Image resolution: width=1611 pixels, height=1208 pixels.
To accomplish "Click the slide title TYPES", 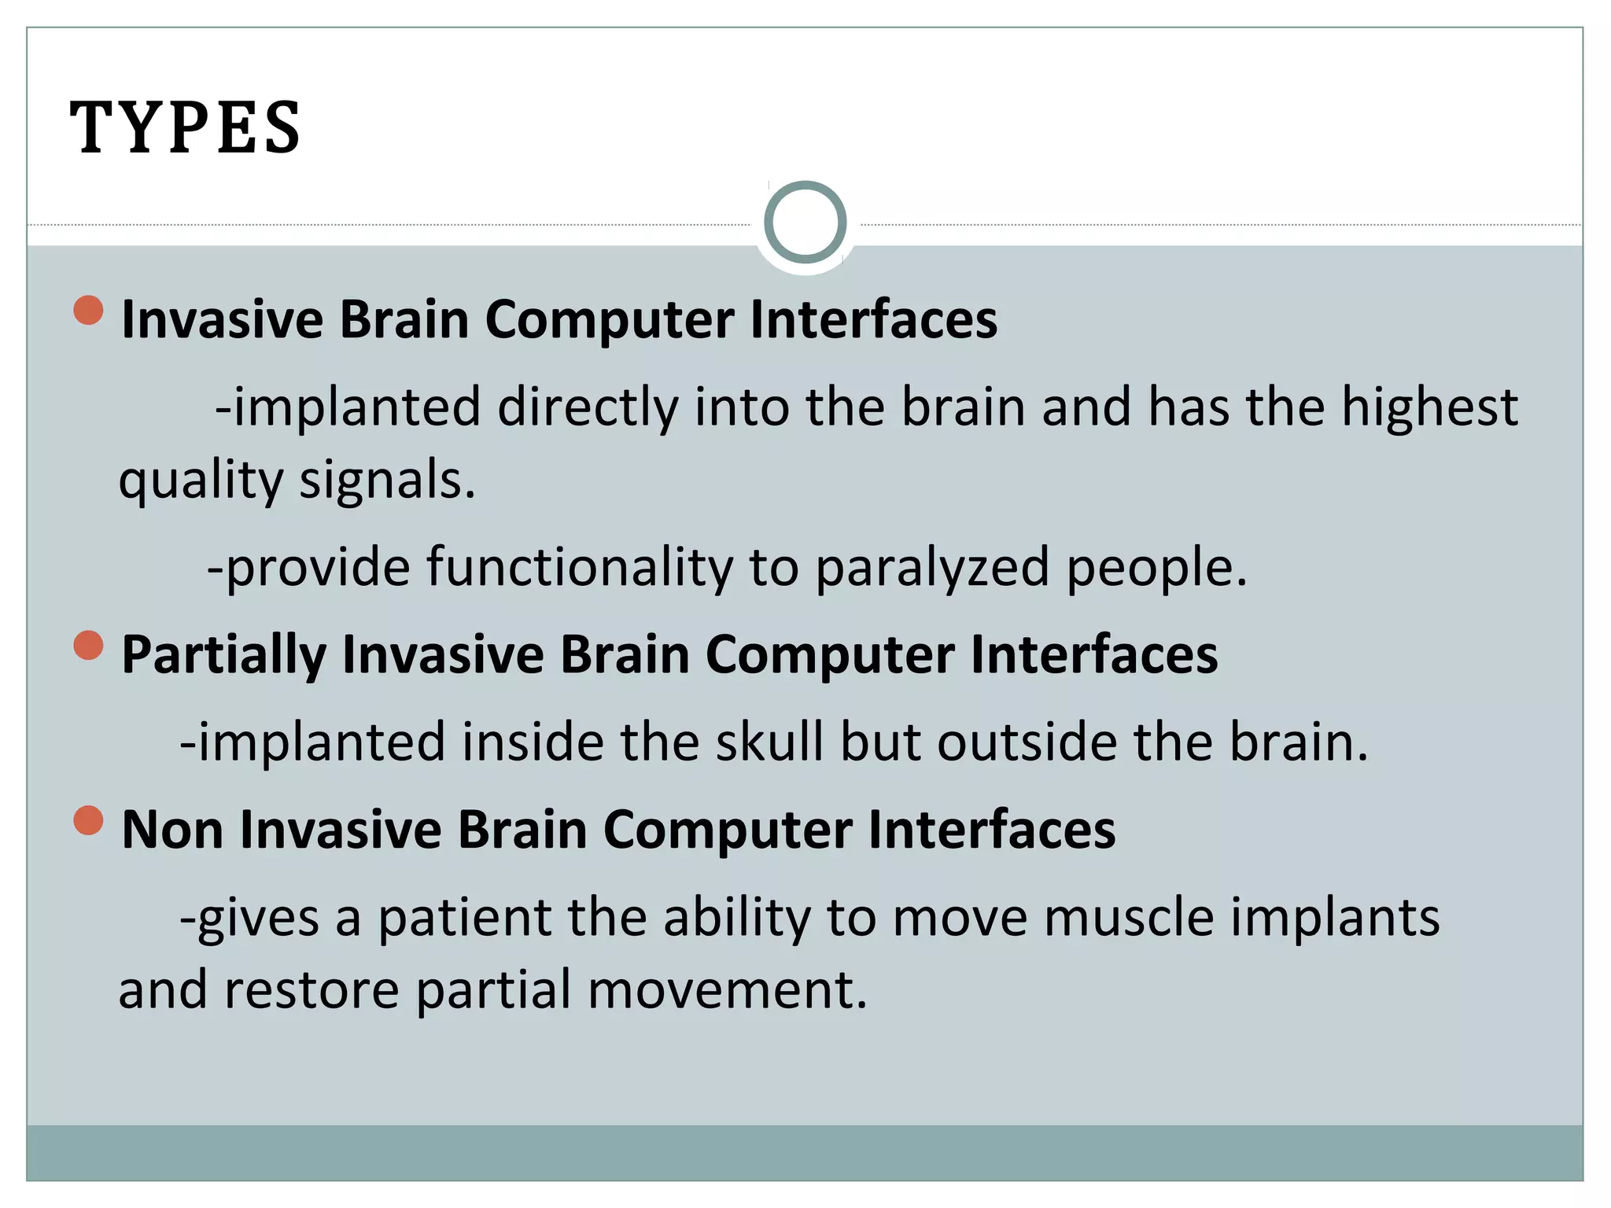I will (186, 127).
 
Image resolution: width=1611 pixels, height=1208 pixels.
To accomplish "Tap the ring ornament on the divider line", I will (805, 223).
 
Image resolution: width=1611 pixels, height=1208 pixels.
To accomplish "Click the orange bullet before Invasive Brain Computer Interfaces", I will (89, 310).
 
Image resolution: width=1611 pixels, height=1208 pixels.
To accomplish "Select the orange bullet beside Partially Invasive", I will (89, 645).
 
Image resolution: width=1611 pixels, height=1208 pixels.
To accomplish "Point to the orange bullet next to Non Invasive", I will (89, 820).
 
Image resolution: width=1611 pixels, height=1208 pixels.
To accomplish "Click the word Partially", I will (223, 655).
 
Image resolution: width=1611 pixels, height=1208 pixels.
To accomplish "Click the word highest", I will (1429, 408).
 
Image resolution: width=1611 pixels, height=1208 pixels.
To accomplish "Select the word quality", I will (200, 481).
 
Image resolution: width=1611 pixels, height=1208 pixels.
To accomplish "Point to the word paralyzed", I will (932, 567).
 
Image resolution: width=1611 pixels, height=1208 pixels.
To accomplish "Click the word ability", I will (737, 918).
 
